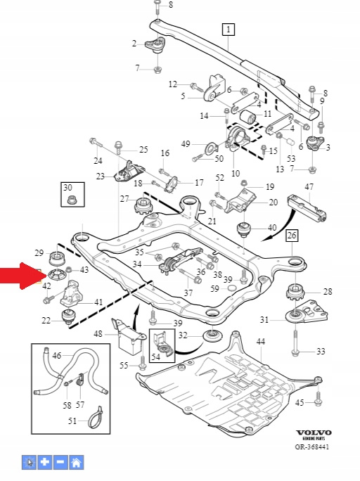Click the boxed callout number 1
228,30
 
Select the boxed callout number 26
292,236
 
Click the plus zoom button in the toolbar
45,462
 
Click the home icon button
77,462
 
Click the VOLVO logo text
314,432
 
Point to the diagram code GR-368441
312,447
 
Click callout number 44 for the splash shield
260,342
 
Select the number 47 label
309,186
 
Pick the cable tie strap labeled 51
95,418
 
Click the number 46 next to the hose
57,356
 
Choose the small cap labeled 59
233,288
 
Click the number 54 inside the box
156,357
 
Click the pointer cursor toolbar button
29,462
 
